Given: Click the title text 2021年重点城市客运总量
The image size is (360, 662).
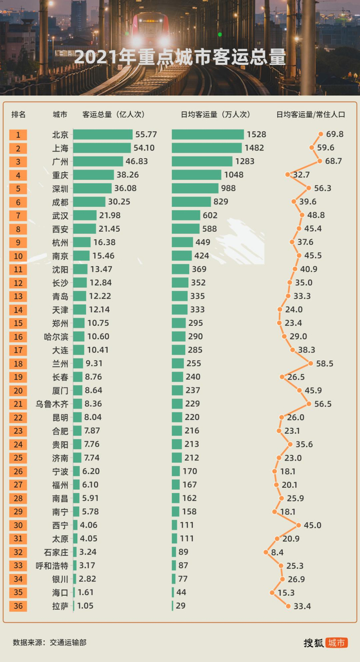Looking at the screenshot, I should (x=179, y=57).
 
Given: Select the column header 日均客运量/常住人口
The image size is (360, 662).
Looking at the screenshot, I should (x=311, y=115).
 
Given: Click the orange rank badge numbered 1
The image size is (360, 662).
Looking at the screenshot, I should (x=18, y=135).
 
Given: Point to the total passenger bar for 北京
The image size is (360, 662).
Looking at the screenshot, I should (x=103, y=135).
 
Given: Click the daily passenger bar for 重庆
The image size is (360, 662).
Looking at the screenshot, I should (x=196, y=175).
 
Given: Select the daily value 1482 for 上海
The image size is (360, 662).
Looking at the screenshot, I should (x=254, y=148).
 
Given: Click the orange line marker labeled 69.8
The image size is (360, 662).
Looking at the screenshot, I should (x=321, y=134).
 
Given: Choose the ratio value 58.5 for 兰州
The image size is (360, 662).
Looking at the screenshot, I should (x=325, y=363).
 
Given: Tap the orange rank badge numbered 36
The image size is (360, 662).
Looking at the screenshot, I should (x=18, y=606).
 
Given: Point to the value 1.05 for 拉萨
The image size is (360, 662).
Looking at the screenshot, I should (x=85, y=606).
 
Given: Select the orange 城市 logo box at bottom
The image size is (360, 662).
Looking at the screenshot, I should (x=337, y=642).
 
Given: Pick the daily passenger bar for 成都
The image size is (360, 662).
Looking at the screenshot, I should (x=191, y=202).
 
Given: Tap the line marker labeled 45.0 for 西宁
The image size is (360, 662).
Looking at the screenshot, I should (x=299, y=525).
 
